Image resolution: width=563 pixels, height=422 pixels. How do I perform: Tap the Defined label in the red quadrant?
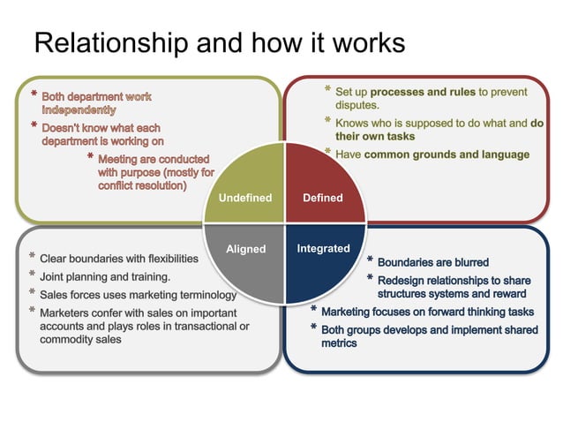322,198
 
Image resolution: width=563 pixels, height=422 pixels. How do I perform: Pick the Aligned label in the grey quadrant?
245,249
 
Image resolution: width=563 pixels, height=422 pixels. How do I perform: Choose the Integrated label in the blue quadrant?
323,249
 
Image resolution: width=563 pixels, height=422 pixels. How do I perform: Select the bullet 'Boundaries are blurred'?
432,262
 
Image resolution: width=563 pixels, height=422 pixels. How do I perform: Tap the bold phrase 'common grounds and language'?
447,154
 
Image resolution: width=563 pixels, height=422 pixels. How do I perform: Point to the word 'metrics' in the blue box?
340,343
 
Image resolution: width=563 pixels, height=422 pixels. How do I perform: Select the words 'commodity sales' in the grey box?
81,339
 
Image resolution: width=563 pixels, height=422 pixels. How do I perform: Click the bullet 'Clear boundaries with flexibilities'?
119,259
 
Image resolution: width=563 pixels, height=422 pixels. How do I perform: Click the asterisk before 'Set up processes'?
327,91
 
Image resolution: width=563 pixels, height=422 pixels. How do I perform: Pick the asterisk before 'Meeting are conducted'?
91,157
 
